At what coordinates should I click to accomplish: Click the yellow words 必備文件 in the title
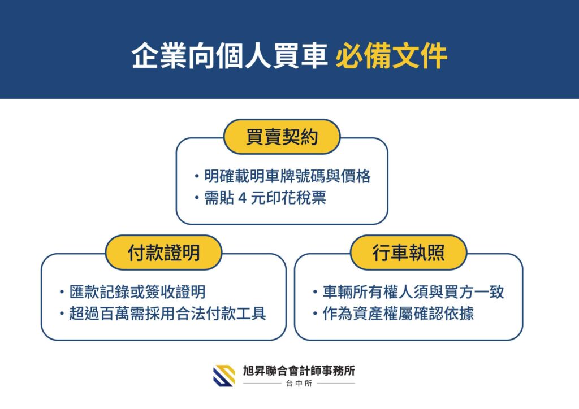pos(391,56)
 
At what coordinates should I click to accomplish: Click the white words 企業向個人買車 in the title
pos(230,56)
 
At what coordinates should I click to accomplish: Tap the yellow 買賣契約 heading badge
pos(282,137)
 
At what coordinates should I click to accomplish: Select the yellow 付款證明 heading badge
pos(163,253)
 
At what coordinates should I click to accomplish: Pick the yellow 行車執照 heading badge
pos(408,253)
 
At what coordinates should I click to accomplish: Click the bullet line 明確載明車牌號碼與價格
pos(287,176)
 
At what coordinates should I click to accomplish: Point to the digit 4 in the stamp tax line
pos(242,198)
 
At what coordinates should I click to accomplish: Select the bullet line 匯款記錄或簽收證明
pos(137,292)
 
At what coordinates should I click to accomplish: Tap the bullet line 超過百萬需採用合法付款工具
pos(167,314)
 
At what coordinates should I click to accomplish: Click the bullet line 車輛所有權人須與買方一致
pos(413,292)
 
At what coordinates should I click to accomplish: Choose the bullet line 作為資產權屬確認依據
pos(398,314)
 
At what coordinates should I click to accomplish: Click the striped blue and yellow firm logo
pos(224,376)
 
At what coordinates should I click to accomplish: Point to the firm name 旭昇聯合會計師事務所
pos(299,371)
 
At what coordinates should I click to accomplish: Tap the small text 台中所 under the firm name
pos(299,384)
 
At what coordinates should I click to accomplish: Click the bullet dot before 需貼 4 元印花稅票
pos(197,198)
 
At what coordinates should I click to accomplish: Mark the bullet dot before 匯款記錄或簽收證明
pos(62,293)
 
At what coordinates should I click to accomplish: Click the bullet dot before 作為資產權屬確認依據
pos(315,314)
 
